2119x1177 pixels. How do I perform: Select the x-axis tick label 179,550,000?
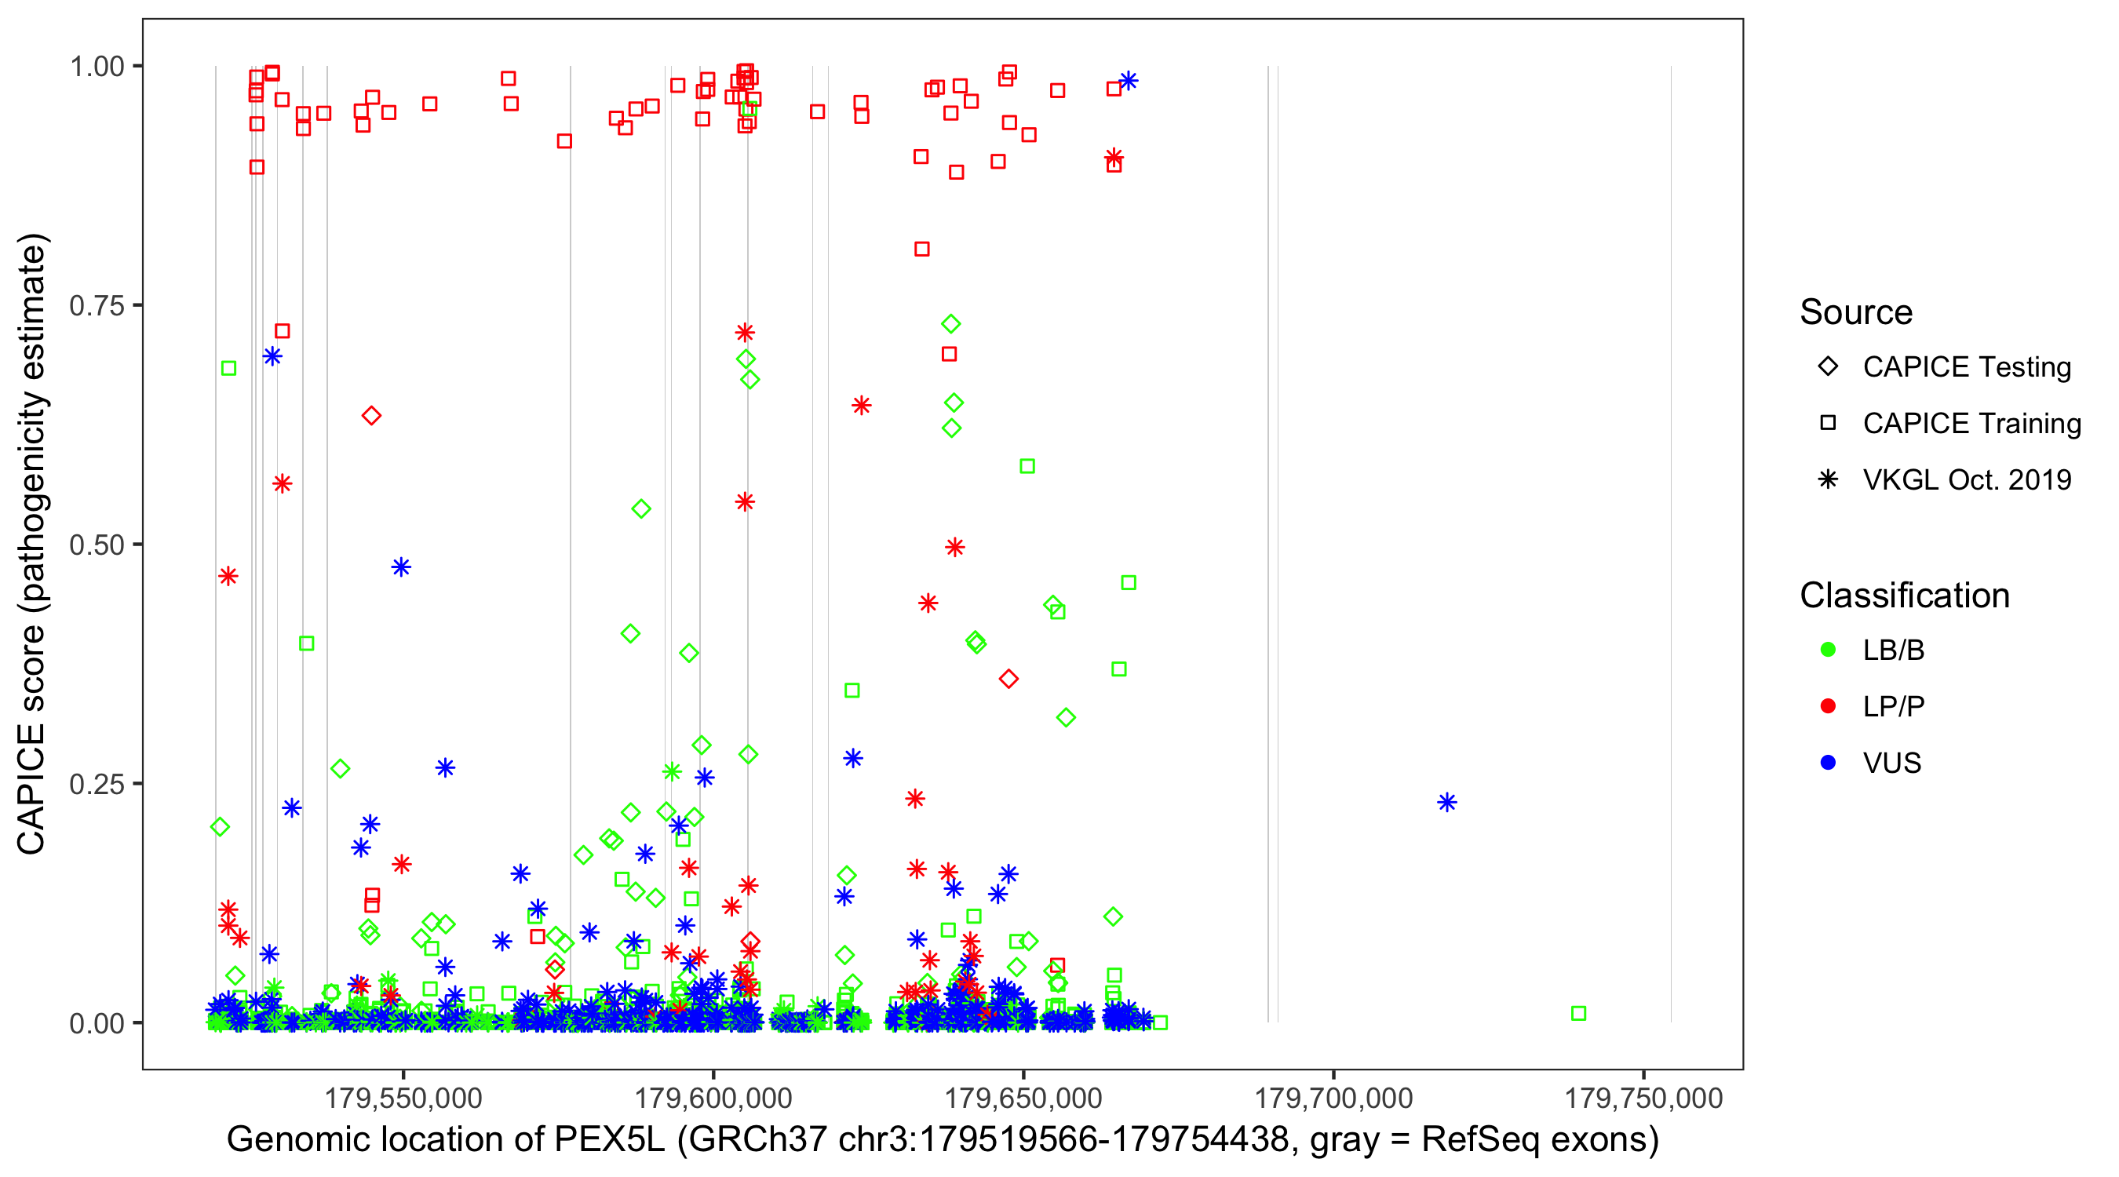point(403,1098)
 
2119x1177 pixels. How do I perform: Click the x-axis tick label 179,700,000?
point(1333,1098)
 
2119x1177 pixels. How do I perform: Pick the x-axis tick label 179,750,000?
point(1643,1098)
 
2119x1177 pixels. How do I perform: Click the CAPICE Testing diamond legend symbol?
point(1828,367)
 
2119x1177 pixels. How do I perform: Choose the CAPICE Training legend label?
point(1971,424)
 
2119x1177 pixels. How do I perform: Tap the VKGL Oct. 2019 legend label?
point(1967,479)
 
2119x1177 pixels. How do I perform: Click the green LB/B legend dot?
point(1828,650)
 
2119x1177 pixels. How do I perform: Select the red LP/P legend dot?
point(1828,706)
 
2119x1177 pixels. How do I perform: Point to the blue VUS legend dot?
point(1828,763)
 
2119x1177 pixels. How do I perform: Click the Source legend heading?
point(1856,312)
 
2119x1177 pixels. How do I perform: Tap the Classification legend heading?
point(1904,596)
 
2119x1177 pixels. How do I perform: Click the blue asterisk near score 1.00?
point(1129,81)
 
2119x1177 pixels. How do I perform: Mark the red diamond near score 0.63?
point(371,416)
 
